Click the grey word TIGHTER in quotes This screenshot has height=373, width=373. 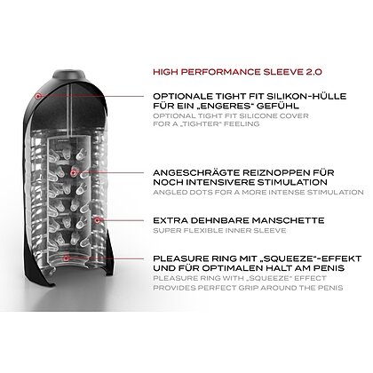pyautogui.click(x=209, y=123)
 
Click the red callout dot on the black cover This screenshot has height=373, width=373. pyautogui.click(x=37, y=96)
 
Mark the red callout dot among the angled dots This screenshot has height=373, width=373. pyautogui.click(x=73, y=172)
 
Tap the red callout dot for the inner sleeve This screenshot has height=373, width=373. pyautogui.click(x=97, y=220)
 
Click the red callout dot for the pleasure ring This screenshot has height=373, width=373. pyautogui.click(x=66, y=258)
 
